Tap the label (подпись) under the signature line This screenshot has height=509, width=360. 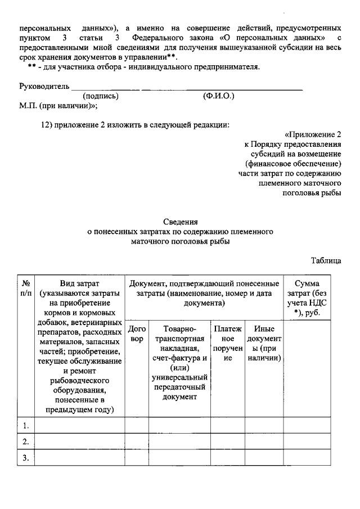[x=100, y=96]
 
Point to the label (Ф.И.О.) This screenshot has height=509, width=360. [x=218, y=96]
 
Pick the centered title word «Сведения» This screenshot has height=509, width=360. [x=180, y=222]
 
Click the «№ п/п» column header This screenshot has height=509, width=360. [x=26, y=287]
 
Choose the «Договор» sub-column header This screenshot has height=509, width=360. [x=137, y=334]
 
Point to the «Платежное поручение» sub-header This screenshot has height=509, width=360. [x=228, y=344]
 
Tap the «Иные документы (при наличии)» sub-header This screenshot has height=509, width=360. [x=264, y=344]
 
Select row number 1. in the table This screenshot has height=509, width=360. [x=26, y=425]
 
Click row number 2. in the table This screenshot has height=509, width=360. [x=26, y=442]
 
